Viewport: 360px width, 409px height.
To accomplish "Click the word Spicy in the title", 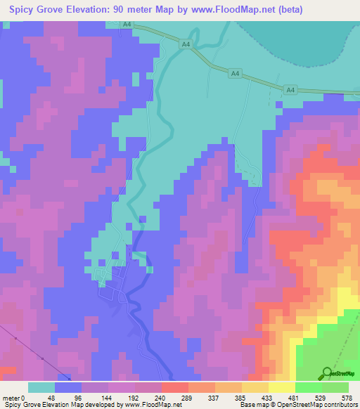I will point(26,11).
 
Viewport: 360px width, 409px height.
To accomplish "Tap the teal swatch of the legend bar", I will point(41,387).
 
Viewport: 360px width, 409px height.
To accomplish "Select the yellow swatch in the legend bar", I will point(282,387).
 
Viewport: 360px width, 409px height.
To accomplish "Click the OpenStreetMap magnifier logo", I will point(326,373).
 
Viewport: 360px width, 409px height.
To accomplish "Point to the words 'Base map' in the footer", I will point(252,405).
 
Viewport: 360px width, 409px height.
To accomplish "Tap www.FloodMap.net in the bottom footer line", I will point(143,405).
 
